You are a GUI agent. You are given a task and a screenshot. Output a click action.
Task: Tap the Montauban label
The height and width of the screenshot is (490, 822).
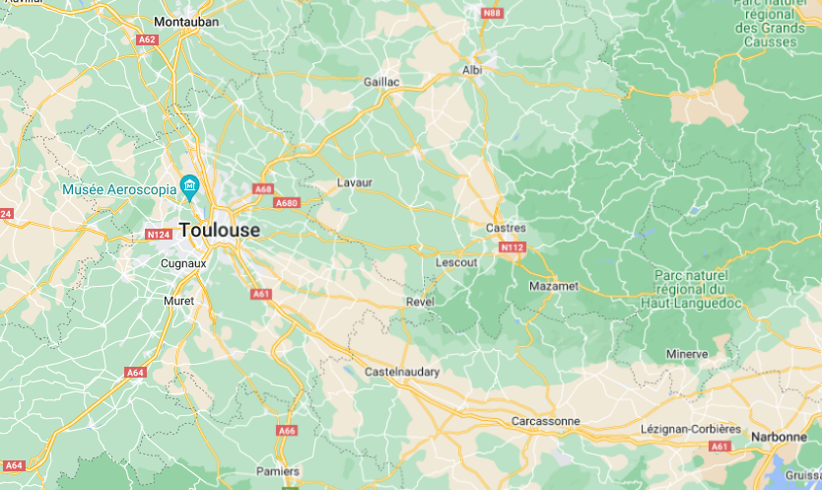click(187, 21)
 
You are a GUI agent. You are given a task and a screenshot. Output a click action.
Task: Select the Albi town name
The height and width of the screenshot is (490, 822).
click(472, 70)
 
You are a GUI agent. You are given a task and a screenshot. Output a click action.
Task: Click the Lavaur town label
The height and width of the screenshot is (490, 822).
click(355, 183)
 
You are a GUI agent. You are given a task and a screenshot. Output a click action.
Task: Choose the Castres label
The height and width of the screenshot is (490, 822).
click(507, 228)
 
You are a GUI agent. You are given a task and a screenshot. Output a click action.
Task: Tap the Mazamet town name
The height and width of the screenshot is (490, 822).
click(554, 285)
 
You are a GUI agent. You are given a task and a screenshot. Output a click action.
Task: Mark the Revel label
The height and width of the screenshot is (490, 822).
click(421, 302)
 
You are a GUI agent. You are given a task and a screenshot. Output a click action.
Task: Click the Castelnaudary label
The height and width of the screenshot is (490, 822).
click(402, 372)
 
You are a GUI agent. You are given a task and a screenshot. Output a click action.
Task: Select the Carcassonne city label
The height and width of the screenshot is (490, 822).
click(546, 421)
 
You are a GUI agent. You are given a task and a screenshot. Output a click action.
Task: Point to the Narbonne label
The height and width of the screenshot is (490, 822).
click(779, 436)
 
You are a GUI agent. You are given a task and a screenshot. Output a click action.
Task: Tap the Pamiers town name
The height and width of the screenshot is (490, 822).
click(278, 471)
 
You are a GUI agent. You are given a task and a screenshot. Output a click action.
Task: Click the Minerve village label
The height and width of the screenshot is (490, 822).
click(687, 354)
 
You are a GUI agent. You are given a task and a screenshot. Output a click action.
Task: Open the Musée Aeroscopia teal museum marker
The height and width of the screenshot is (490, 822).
click(189, 186)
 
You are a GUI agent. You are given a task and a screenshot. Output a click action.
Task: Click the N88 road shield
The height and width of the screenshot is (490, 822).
click(491, 13)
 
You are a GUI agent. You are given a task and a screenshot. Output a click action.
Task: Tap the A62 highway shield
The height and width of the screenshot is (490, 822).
click(147, 39)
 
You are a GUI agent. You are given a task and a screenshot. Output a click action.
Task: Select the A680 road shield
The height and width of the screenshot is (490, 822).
click(287, 203)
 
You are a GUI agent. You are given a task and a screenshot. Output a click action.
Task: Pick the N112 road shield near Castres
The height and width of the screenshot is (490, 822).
click(512, 247)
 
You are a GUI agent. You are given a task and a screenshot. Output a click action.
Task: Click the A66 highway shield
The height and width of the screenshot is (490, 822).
click(287, 430)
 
